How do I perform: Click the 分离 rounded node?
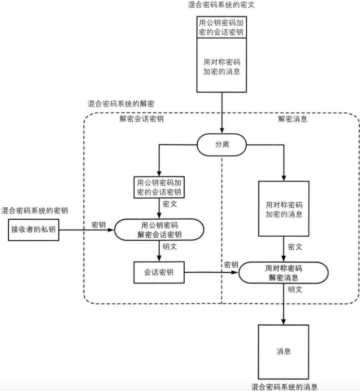pyautogui.click(x=222, y=145)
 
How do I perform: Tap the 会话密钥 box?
pyautogui.click(x=159, y=273)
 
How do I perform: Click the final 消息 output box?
pyautogui.click(x=284, y=352)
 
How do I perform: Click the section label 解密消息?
pyautogui.click(x=292, y=119)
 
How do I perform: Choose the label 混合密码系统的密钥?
pyautogui.click(x=34, y=210)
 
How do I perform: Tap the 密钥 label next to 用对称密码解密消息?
pyautogui.click(x=231, y=265)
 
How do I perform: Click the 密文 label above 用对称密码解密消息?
pyautogui.click(x=295, y=247)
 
